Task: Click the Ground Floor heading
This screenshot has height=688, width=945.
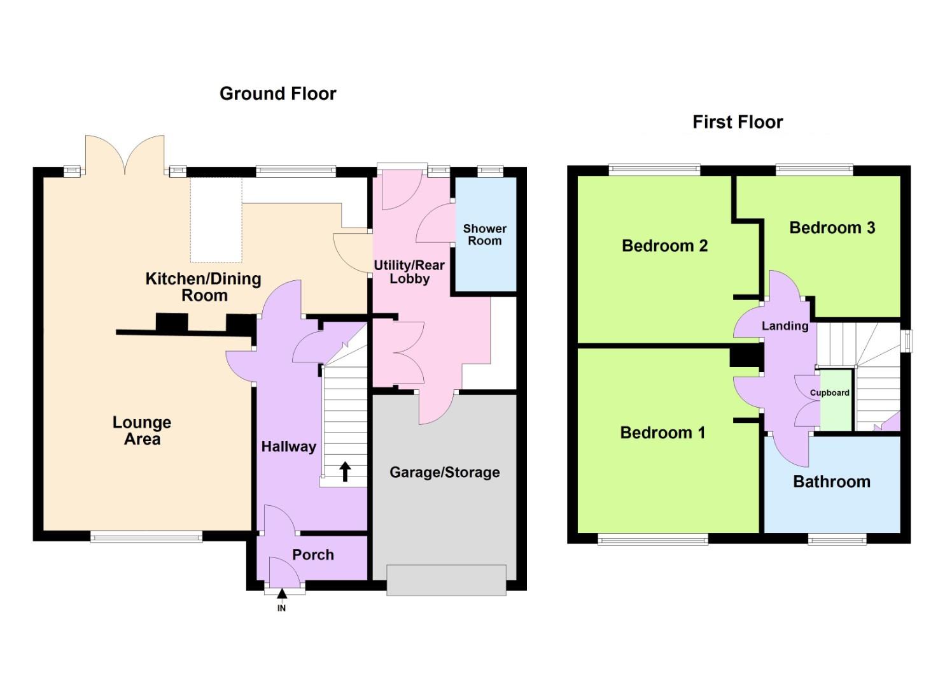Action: pos(277,94)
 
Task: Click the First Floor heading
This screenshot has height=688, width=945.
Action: pos(737,122)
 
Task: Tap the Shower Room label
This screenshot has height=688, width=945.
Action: pos(484,234)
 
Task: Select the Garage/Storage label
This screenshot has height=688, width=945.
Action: pos(444,472)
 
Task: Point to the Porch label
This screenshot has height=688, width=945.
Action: pos(312,555)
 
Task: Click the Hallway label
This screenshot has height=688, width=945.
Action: pos(288,447)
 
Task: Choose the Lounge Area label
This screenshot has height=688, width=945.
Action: pos(142,431)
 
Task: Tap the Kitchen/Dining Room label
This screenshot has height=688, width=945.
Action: pos(204,287)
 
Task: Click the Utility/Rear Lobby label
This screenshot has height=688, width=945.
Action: pos(409,272)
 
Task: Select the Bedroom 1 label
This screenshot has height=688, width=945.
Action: pos(662,433)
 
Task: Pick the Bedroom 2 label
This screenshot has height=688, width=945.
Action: pos(664,245)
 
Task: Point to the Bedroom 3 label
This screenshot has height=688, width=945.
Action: pos(832,227)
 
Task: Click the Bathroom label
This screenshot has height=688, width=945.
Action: pos(831,482)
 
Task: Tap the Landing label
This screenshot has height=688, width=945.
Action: pos(785,326)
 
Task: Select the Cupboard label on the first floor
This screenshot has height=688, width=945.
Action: pos(829,392)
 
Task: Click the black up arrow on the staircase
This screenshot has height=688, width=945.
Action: pos(345,471)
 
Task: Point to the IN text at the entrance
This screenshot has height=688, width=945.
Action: pos(281,608)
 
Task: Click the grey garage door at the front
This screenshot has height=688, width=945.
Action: pos(446,580)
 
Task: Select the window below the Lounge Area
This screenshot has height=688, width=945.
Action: pos(146,537)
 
